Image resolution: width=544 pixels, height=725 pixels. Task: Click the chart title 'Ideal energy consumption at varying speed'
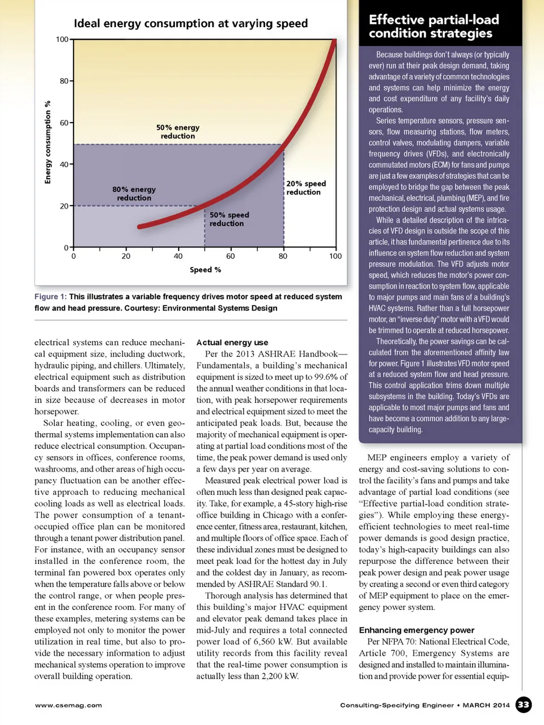190,24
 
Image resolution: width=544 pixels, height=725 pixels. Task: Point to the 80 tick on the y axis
64,81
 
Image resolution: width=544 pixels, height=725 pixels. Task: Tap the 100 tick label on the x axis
335,256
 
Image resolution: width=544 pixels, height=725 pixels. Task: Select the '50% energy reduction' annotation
178,132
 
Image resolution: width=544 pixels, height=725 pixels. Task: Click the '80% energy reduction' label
134,194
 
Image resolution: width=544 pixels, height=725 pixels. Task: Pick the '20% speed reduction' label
306,188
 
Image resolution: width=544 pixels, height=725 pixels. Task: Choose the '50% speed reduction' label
229,219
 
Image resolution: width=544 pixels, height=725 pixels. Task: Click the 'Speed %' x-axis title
205,270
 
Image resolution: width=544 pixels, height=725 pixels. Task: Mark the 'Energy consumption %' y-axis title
48,142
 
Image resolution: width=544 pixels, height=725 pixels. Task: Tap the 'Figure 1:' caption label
50,296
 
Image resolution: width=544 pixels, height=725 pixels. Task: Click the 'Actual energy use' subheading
232,342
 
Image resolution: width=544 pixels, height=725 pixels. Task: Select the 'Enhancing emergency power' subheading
416,630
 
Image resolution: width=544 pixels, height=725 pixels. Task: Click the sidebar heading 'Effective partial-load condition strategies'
433,26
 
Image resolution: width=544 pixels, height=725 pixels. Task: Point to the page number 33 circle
524,705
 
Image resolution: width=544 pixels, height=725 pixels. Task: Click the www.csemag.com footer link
69,705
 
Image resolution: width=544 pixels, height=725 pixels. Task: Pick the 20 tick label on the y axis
64,206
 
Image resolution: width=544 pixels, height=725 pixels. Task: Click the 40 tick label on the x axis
178,256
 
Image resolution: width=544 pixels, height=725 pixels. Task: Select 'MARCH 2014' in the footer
486,705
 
